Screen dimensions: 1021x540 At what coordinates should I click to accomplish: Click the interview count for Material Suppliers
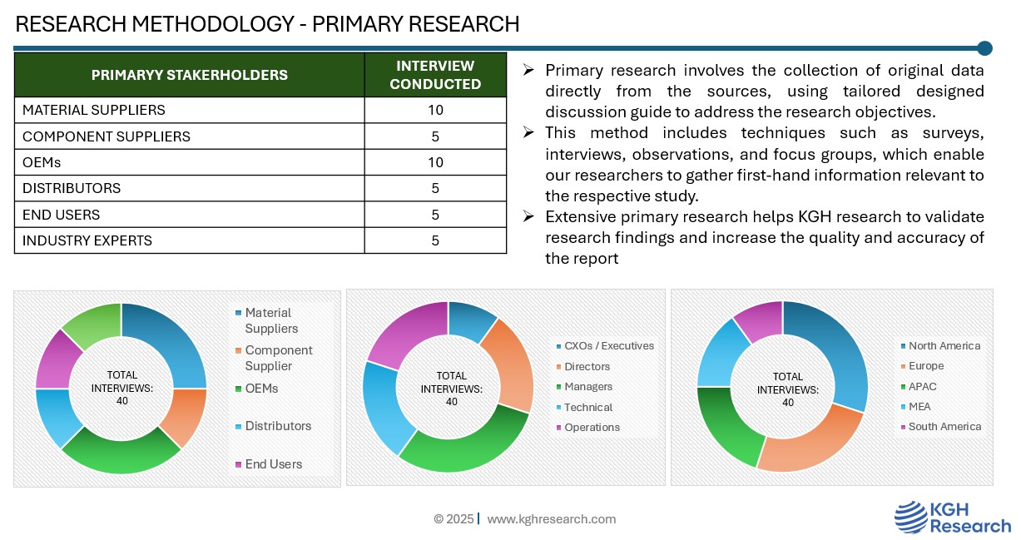435,111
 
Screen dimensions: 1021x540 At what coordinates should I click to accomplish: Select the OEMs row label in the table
42,163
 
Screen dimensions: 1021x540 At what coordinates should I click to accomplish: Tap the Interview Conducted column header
435,75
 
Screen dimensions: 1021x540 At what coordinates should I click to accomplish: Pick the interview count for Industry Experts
435,240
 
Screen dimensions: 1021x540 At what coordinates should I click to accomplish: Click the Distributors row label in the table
72,189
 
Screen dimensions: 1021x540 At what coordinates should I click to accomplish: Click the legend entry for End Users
269,464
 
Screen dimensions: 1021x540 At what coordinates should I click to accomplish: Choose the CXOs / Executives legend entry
605,346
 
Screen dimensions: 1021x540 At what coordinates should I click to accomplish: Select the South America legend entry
941,427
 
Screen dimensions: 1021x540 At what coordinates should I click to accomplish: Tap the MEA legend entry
915,407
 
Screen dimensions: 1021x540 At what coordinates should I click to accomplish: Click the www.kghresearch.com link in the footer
552,519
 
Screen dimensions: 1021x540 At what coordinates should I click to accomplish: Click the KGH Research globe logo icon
910,518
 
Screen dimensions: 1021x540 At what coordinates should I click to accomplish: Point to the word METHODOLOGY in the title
213,24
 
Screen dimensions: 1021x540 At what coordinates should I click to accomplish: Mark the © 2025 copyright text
454,519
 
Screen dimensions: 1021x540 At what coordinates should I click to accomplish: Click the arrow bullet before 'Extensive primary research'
528,216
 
